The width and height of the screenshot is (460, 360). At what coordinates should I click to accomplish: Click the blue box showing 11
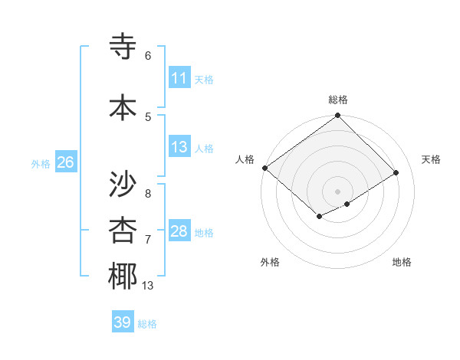(179, 78)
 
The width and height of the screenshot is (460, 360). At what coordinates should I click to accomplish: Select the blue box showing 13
(179, 148)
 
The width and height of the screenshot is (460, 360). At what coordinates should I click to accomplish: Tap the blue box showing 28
(179, 231)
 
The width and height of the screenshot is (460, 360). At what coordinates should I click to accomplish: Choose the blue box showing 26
(65, 162)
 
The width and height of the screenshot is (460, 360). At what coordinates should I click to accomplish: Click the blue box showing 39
(123, 322)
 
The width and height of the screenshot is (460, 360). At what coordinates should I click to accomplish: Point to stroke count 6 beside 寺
(148, 56)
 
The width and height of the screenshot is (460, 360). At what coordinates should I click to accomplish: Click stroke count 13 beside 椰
(148, 286)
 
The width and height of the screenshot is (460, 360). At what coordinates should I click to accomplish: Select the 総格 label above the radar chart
(338, 100)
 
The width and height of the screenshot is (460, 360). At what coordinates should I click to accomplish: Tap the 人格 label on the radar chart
(245, 159)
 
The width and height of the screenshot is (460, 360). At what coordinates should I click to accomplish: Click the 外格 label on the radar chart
(270, 262)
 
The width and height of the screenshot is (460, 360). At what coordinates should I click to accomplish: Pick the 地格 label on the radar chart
(402, 262)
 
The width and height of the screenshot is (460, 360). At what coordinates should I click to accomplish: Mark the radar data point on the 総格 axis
(337, 116)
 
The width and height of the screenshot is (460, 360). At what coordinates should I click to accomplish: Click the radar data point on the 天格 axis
(396, 172)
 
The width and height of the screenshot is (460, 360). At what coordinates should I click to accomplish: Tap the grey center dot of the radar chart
(337, 191)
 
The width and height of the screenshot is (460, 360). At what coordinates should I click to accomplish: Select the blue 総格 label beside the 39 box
(148, 324)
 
